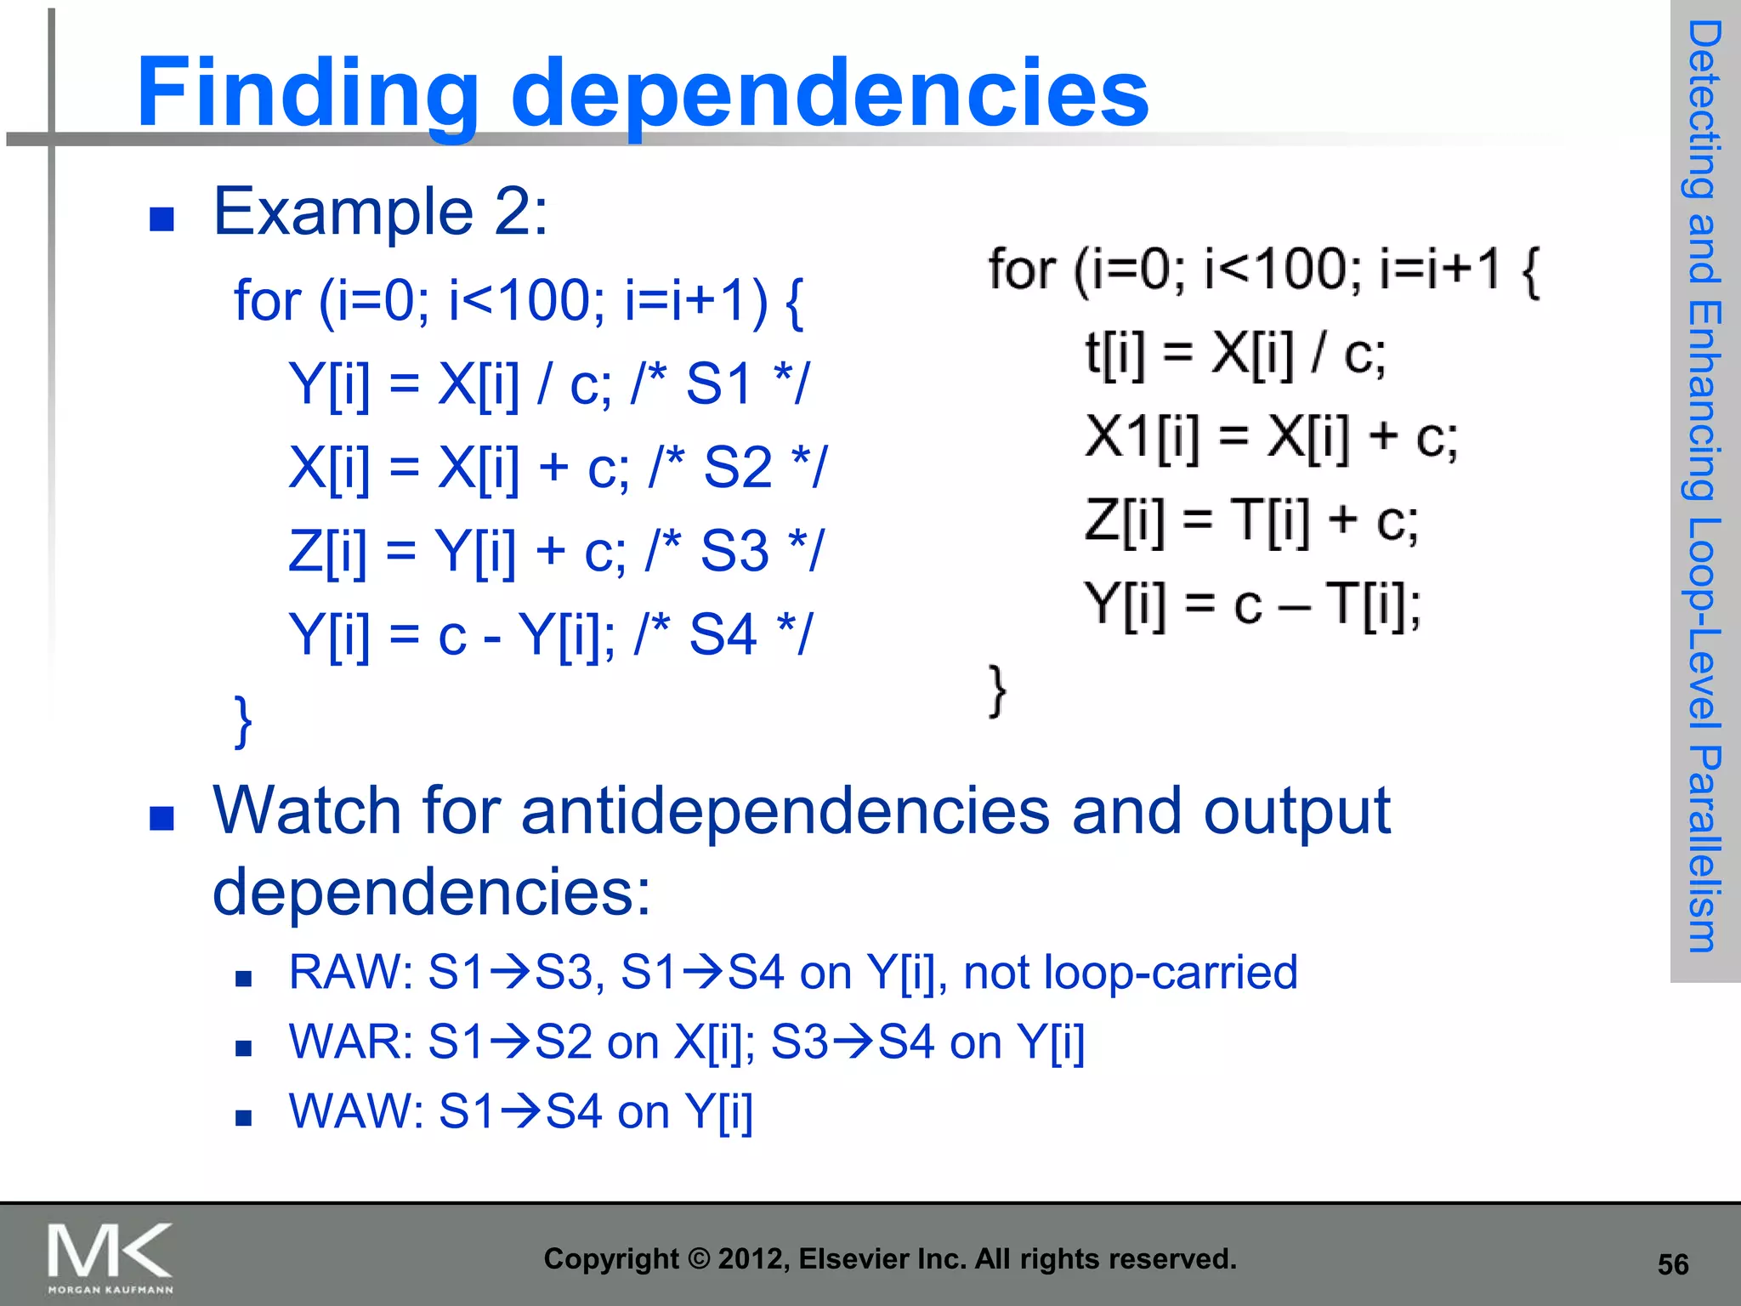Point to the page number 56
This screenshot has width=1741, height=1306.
1673,1264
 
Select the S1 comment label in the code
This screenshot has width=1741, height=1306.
719,383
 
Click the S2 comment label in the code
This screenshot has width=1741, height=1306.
738,467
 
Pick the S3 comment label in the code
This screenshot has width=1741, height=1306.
734,550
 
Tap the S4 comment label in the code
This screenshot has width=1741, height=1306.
723,633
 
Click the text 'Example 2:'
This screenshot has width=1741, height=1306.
380,212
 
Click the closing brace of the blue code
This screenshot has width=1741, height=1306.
243,721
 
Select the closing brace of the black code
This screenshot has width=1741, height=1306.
998,690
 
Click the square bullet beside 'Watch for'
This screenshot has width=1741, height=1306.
162,818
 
